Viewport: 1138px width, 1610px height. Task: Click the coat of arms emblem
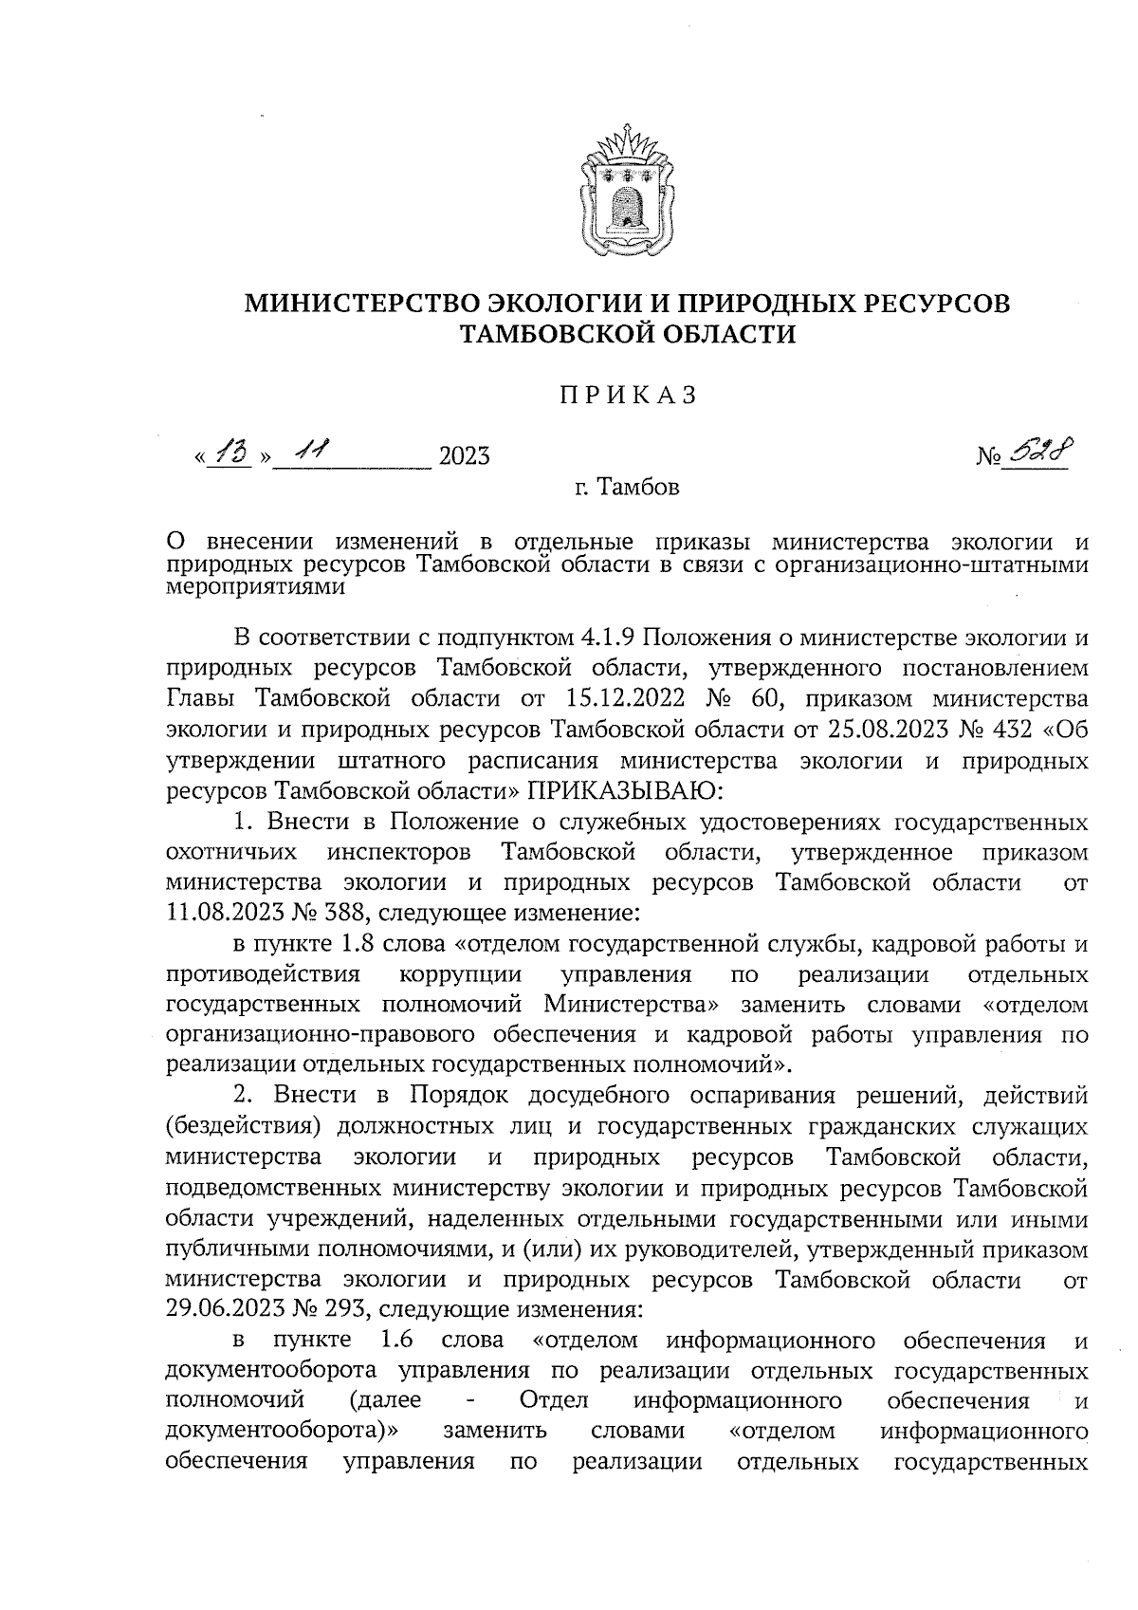[x=627, y=191]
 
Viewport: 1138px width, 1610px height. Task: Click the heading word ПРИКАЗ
[x=627, y=395]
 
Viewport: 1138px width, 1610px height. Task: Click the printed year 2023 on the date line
[x=464, y=457]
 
